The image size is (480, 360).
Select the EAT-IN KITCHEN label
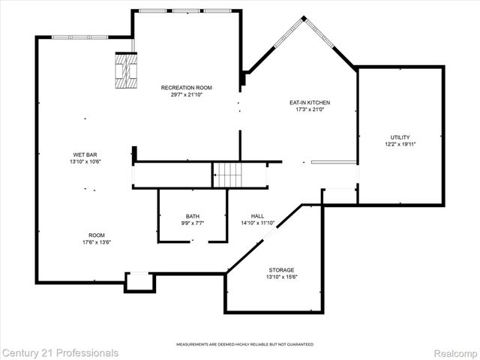[310, 103]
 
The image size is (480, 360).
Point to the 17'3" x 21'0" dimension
[310, 110]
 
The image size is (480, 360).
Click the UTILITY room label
[400, 137]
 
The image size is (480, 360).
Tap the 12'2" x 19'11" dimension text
[400, 144]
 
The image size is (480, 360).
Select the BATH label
[193, 216]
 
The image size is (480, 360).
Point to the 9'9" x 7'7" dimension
[193, 223]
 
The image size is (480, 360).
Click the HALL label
[257, 216]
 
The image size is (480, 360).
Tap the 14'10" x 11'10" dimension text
[257, 223]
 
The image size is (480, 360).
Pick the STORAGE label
[281, 270]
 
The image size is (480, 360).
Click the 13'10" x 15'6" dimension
[281, 277]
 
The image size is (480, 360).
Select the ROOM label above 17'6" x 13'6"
[96, 235]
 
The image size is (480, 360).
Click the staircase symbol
[228, 175]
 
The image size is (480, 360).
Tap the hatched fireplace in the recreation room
[125, 72]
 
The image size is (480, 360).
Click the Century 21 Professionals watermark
[60, 352]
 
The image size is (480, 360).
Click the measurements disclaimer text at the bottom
[244, 344]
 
